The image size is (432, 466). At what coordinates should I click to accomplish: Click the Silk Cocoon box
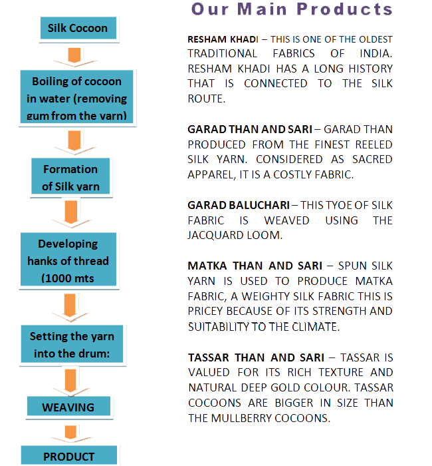pyautogui.click(x=78, y=28)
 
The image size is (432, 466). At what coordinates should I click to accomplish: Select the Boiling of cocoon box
pyautogui.click(x=76, y=97)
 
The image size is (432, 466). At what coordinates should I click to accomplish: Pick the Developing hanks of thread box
pyautogui.click(x=68, y=259)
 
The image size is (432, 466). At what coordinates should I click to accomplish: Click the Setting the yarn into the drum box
pyautogui.click(x=72, y=344)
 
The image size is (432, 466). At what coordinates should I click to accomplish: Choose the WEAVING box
pyautogui.click(x=68, y=406)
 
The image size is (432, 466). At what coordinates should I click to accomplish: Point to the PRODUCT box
pyautogui.click(x=69, y=455)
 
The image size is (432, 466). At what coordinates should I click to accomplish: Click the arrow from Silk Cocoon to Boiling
pyautogui.click(x=74, y=57)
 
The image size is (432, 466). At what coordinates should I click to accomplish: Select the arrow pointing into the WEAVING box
pyautogui.click(x=70, y=383)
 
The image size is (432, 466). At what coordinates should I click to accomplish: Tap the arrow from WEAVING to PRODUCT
pyautogui.click(x=70, y=433)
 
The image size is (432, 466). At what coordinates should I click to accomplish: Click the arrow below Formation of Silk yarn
pyautogui.click(x=71, y=214)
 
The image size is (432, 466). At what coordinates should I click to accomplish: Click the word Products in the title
pyautogui.click(x=345, y=9)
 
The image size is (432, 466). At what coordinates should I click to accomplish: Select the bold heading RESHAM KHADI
pyautogui.click(x=223, y=39)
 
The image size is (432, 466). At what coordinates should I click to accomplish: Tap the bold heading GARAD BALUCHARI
pyautogui.click(x=239, y=205)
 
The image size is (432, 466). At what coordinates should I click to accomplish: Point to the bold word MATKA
pyautogui.click(x=207, y=266)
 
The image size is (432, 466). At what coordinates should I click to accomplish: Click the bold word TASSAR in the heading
pyautogui.click(x=208, y=357)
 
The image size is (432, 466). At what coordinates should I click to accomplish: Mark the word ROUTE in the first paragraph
pyautogui.click(x=207, y=99)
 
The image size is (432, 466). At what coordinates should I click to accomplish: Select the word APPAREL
pyautogui.click(x=211, y=174)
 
